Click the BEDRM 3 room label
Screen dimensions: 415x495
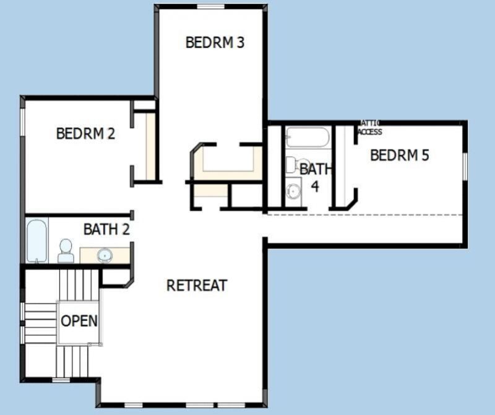pyautogui.click(x=215, y=43)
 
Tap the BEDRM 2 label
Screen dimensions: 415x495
pyautogui.click(x=85, y=133)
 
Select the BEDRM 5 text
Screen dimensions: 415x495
pyautogui.click(x=399, y=155)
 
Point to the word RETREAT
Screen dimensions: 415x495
pyautogui.click(x=197, y=285)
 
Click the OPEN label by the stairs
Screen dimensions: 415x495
pyautogui.click(x=79, y=321)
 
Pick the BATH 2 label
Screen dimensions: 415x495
pyautogui.click(x=106, y=229)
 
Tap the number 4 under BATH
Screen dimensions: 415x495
pyautogui.click(x=315, y=186)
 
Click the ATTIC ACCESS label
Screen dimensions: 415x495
pyautogui.click(x=370, y=128)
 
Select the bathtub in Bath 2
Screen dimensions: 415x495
pyautogui.click(x=37, y=240)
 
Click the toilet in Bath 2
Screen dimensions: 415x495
pyautogui.click(x=65, y=250)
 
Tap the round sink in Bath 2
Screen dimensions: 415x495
pyautogui.click(x=105, y=255)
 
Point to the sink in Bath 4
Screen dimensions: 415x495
pyautogui.click(x=293, y=191)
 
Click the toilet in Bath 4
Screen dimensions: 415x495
pyautogui.click(x=292, y=165)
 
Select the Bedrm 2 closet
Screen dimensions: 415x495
pyautogui.click(x=149, y=146)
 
